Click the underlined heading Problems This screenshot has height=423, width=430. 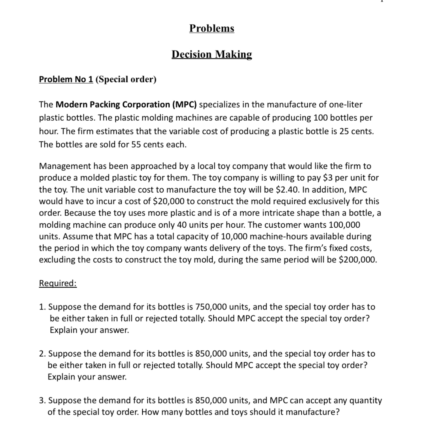coord(212,28)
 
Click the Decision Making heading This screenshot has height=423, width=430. coord(212,54)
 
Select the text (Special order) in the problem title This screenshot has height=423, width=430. coord(126,79)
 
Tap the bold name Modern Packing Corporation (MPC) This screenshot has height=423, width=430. coord(126,105)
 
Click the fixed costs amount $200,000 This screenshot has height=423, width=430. coord(358,260)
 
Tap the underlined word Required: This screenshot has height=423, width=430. coord(58,283)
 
